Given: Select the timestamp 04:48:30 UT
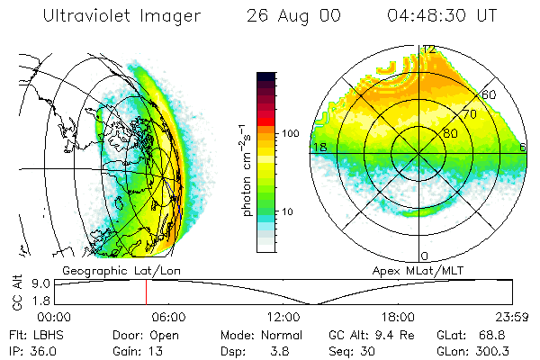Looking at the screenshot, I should click(x=442, y=16).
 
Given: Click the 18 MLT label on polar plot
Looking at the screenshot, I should click(x=318, y=147).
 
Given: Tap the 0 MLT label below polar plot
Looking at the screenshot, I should click(x=424, y=256).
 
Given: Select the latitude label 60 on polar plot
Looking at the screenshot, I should click(x=490, y=94).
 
